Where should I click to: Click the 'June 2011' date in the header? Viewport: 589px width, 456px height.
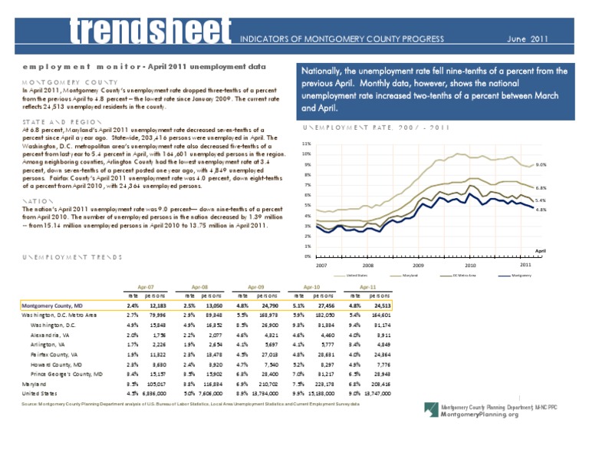point(528,38)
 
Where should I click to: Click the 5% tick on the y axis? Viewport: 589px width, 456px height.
point(307,205)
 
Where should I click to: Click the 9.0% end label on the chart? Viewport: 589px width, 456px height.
point(540,164)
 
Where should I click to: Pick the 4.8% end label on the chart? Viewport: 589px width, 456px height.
point(540,210)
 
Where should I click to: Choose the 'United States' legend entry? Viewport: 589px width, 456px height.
point(357,275)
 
